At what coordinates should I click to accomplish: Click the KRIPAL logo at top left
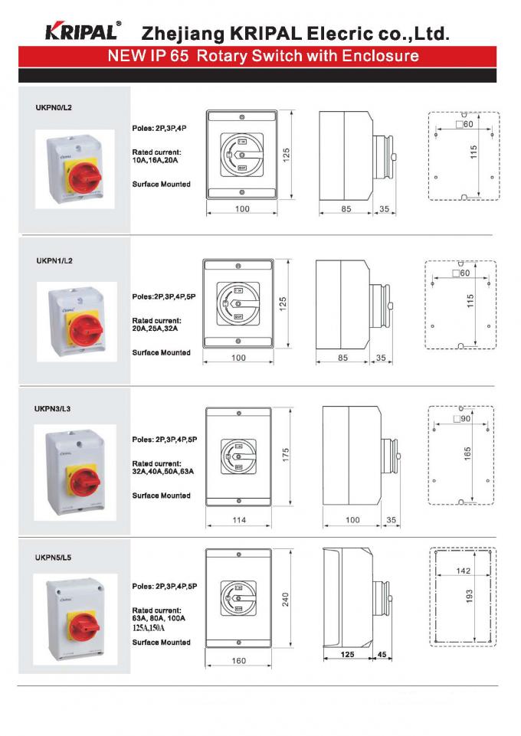(x=81, y=31)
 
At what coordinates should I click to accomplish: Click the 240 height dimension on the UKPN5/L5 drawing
(x=286, y=600)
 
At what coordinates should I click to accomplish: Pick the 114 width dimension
(x=239, y=520)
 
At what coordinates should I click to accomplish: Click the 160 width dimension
(x=239, y=661)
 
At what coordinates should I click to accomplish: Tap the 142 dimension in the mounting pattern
(x=463, y=571)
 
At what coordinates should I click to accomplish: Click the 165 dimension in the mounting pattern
(x=467, y=453)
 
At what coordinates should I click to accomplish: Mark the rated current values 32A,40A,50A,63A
(x=163, y=472)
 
